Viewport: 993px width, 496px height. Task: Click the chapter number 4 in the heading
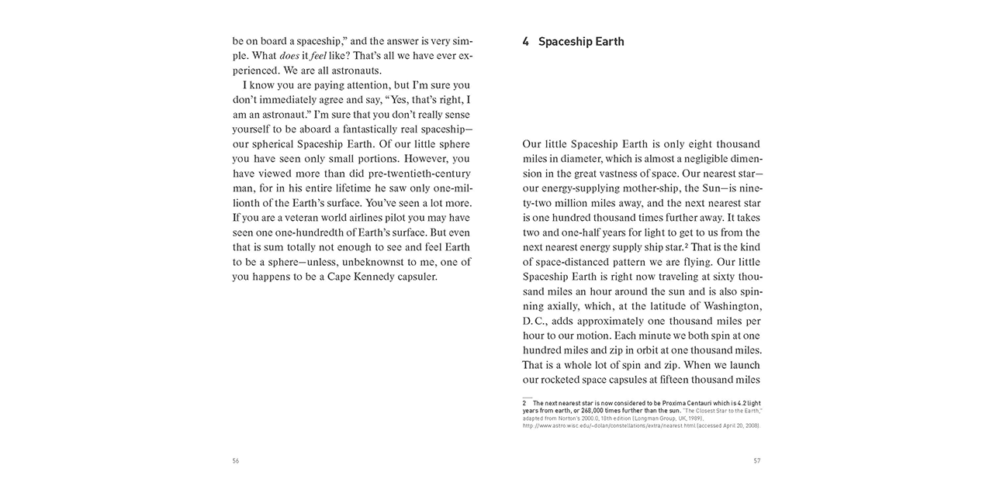point(526,42)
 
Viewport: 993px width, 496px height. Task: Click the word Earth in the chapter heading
point(607,42)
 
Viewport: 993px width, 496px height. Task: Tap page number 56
point(236,460)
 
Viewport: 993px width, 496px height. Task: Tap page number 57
point(757,460)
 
